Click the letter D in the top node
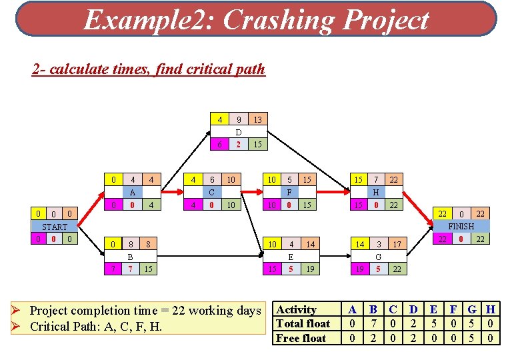point(238,132)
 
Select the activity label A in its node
point(133,192)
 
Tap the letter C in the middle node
point(211,192)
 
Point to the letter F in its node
point(289,192)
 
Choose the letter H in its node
point(376,192)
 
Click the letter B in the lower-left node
point(131,257)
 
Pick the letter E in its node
point(291,257)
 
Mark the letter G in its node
point(378,257)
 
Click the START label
point(55,227)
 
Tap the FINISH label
point(461,227)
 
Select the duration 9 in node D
point(238,120)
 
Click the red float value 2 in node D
point(238,145)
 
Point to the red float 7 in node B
point(131,269)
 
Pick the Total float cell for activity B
point(373,324)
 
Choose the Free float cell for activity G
point(471,338)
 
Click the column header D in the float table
point(413,309)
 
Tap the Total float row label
point(303,324)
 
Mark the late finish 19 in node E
point(310,269)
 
